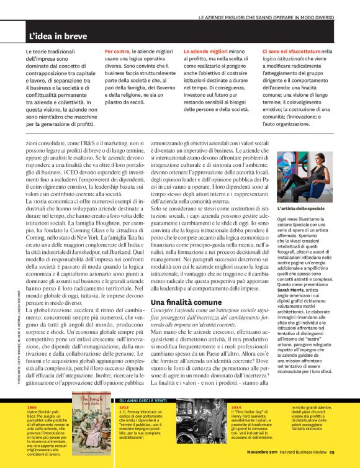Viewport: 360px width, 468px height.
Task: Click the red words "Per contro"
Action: click(x=117, y=50)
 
